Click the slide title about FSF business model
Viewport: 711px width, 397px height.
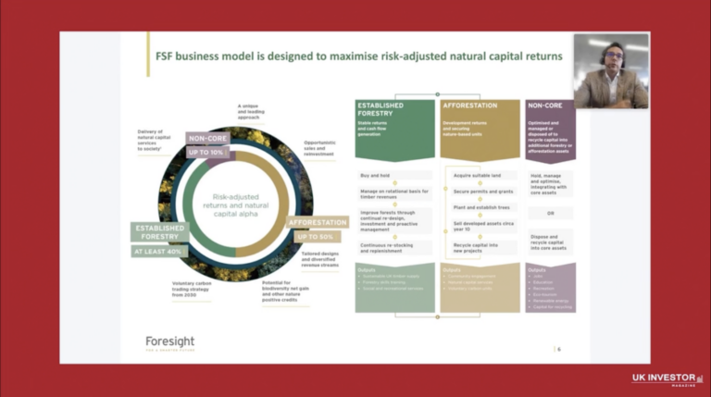pyautogui.click(x=357, y=56)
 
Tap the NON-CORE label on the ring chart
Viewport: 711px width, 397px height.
pyautogui.click(x=206, y=139)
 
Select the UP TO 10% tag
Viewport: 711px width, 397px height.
pyautogui.click(x=206, y=152)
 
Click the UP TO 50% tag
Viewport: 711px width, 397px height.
pyautogui.click(x=314, y=237)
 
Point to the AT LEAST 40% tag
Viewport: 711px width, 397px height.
pyautogui.click(x=160, y=251)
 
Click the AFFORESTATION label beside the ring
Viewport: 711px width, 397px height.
pyautogui.click(x=318, y=223)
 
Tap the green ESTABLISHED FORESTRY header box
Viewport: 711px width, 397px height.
pyautogui.click(x=394, y=119)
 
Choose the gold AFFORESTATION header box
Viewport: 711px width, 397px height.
pyautogui.click(x=480, y=119)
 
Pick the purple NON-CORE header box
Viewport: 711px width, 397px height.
pyautogui.click(x=550, y=118)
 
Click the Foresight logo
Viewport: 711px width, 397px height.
pyautogui.click(x=169, y=343)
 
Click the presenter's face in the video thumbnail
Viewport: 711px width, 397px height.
pyautogui.click(x=610, y=56)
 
